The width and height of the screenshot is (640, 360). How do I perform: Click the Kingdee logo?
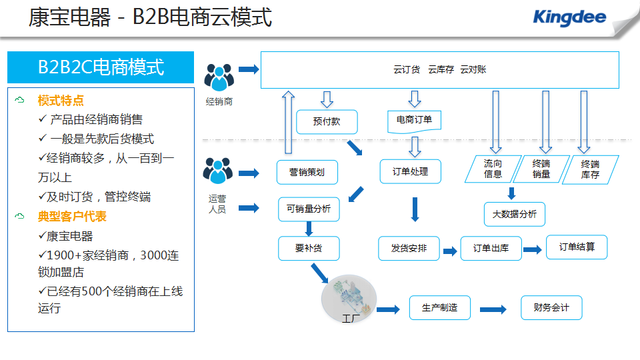(569, 17)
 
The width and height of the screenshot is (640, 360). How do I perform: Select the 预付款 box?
(327, 121)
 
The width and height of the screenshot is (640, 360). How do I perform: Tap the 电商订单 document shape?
(414, 121)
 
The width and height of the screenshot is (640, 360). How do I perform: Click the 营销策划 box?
(307, 172)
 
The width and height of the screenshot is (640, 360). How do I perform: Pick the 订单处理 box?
(410, 171)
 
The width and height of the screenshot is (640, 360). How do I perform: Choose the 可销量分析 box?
(309, 209)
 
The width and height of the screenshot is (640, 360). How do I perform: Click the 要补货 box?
(309, 248)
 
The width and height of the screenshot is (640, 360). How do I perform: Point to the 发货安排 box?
(409, 248)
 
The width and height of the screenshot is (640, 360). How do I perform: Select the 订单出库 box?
(491, 248)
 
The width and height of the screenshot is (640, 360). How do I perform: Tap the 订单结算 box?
(577, 247)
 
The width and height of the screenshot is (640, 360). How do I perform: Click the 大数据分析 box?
(515, 214)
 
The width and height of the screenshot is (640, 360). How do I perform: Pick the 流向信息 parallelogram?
(493, 169)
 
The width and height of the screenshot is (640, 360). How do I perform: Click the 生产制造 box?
(440, 308)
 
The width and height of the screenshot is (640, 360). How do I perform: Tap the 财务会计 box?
(551, 308)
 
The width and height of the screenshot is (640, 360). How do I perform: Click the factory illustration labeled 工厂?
(349, 299)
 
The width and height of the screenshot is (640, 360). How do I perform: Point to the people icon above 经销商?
(219, 77)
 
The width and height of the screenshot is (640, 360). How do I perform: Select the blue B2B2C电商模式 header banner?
(101, 67)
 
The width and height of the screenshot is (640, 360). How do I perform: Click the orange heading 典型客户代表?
(72, 216)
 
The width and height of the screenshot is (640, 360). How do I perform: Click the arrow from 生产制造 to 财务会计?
(493, 309)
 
